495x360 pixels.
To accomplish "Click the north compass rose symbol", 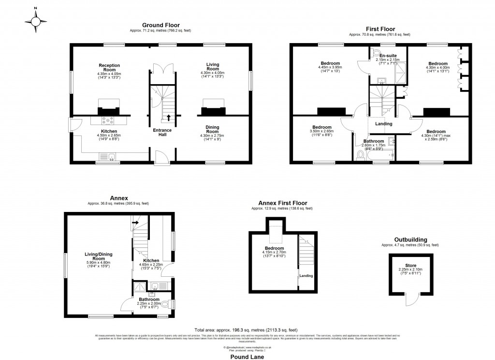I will pyautogui.click(x=35, y=22).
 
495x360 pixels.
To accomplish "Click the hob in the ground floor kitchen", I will pyautogui.click(x=106, y=121).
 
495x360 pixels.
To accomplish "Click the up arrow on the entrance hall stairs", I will pyautogui.click(x=168, y=117).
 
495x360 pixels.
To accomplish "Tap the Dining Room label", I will pyautogui.click(x=213, y=130).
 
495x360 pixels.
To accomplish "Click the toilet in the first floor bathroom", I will pyautogui.click(x=360, y=155).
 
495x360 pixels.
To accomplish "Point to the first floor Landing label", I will pyautogui.click(x=384, y=124).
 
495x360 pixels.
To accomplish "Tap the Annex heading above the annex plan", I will pyautogui.click(x=119, y=197).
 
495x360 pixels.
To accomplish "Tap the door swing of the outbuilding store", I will pyautogui.click(x=411, y=300).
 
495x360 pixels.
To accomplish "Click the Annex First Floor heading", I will pyautogui.click(x=283, y=203).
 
